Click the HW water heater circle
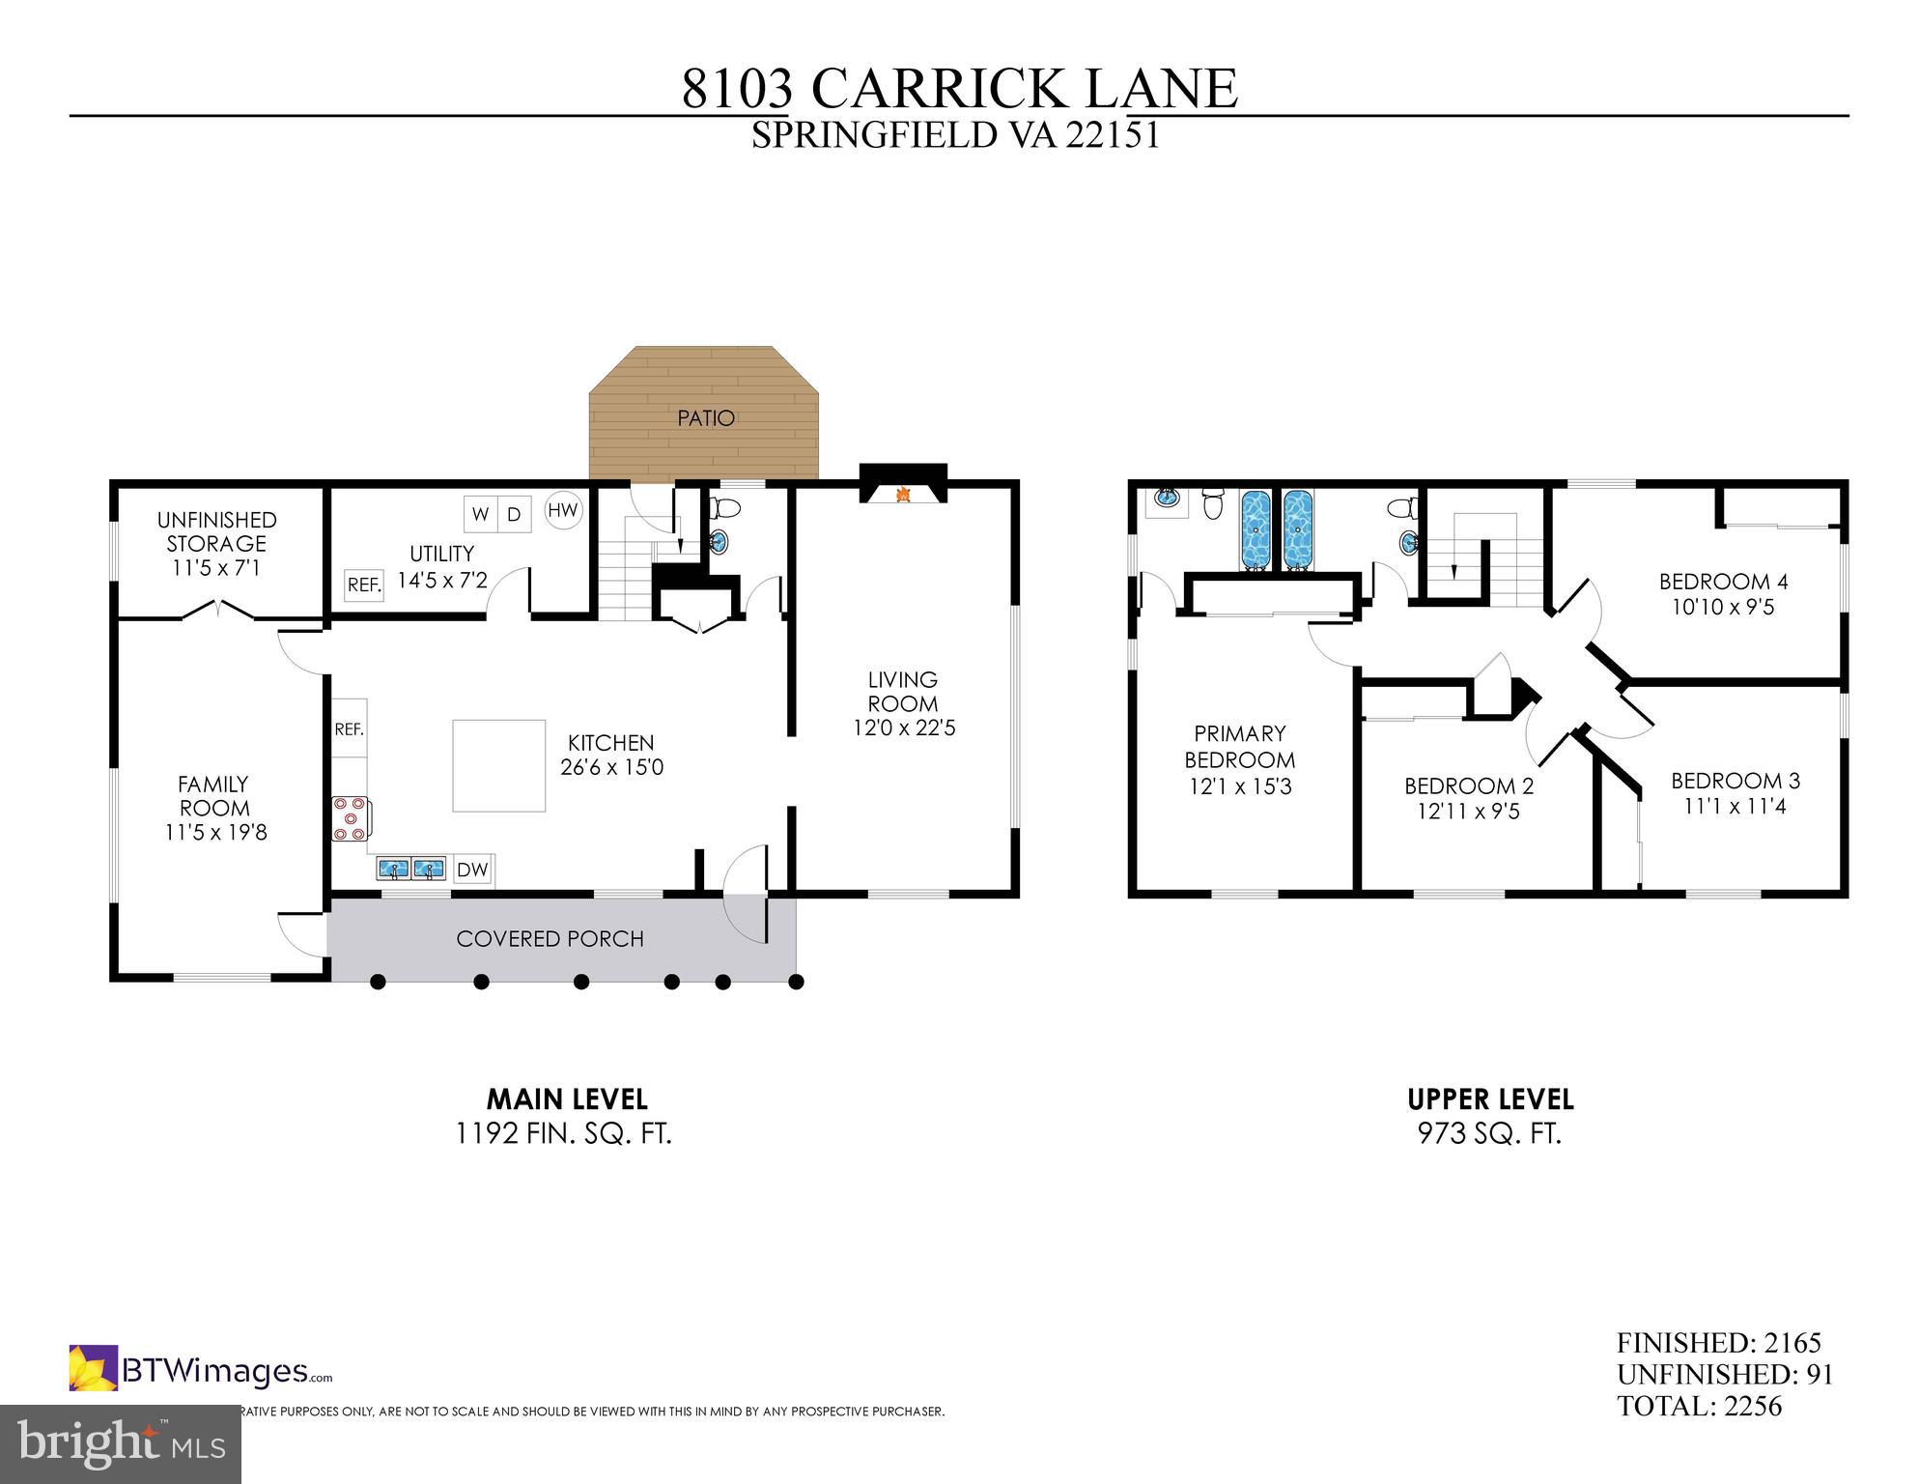pyautogui.click(x=563, y=510)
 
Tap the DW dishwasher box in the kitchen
pyautogui.click(x=472, y=870)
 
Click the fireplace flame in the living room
pyautogui.click(x=904, y=495)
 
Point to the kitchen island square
pyautogui.click(x=498, y=765)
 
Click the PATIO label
pyautogui.click(x=706, y=418)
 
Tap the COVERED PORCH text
pyautogui.click(x=550, y=939)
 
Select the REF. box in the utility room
pyautogui.click(x=364, y=585)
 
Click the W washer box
pyautogui.click(x=480, y=514)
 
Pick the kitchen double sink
pyautogui.click(x=411, y=869)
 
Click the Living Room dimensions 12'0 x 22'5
pyautogui.click(x=904, y=728)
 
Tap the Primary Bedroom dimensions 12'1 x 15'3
pyautogui.click(x=1240, y=787)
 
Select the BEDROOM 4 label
pyautogui.click(x=1723, y=582)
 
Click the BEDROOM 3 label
pyautogui.click(x=1736, y=781)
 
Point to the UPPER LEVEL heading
pyautogui.click(x=1490, y=1099)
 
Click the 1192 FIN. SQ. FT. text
pyautogui.click(x=564, y=1133)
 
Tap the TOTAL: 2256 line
pyautogui.click(x=1700, y=1406)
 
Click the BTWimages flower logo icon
pyautogui.click(x=93, y=1368)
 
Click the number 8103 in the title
pyautogui.click(x=737, y=89)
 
